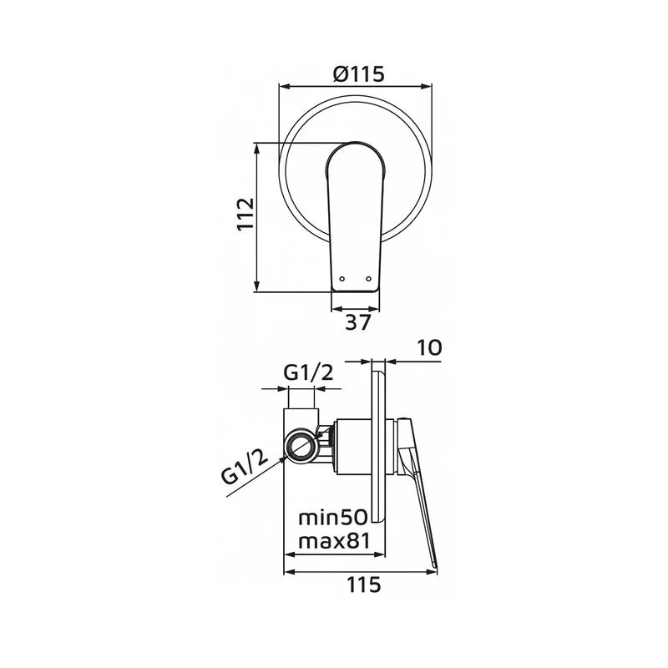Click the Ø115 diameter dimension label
pos(359,74)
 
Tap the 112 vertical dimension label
pos(245,214)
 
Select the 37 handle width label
pos(358,322)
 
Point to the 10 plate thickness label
pos(429,347)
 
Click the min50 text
pos(332,518)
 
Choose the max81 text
pos(334,541)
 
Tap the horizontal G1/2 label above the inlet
pos(308,373)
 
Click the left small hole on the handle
pos(342,279)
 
